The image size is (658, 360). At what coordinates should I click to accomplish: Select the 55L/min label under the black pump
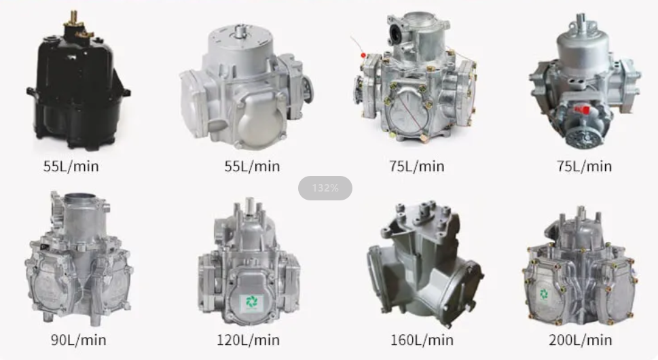click(71, 166)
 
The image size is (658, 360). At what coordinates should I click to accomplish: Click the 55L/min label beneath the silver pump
click(252, 166)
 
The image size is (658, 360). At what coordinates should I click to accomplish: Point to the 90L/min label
click(79, 340)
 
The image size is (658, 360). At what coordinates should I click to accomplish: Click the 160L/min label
click(422, 340)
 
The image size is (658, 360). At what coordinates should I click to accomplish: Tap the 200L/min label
click(581, 340)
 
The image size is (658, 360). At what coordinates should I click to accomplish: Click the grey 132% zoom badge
click(325, 188)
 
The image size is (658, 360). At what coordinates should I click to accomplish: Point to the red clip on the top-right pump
click(580, 109)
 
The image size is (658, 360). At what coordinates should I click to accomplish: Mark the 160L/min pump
click(424, 265)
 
